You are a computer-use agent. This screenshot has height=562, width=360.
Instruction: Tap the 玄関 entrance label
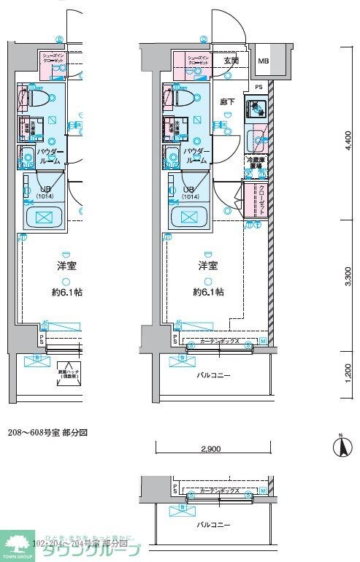click(231, 61)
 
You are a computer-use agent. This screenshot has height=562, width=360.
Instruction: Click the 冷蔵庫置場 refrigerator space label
click(255, 163)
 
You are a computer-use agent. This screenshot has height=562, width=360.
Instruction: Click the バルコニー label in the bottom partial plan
click(210, 524)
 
